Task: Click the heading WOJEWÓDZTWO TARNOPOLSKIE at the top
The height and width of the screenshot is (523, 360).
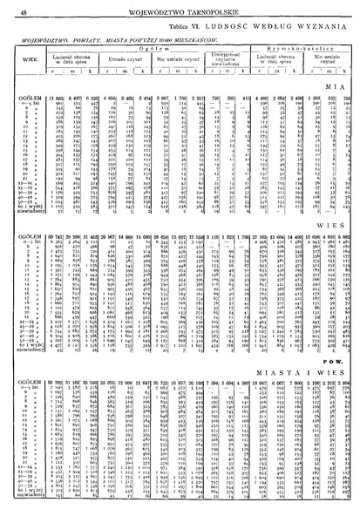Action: point(181,11)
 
